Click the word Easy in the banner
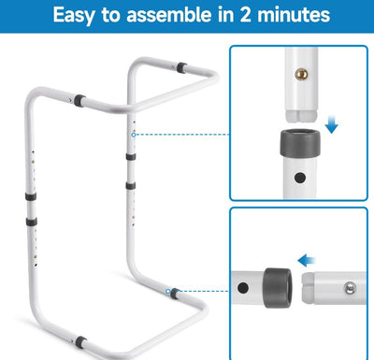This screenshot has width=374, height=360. (x=74, y=16)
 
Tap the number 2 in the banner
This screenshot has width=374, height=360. (x=245, y=15)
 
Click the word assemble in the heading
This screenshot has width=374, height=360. (x=168, y=15)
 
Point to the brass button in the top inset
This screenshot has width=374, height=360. (x=301, y=74)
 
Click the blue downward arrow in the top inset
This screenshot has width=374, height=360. (x=331, y=123)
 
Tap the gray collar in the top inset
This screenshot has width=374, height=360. (x=300, y=143)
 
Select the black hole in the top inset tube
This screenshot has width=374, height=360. (x=300, y=178)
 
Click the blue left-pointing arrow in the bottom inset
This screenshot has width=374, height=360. (x=307, y=260)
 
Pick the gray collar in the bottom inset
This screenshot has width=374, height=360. (x=278, y=288)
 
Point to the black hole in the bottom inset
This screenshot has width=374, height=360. (x=243, y=287)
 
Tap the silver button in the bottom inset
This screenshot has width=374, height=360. (x=350, y=288)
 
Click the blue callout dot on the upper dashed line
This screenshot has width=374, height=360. (x=134, y=135)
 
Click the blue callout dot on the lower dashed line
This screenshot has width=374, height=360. (x=168, y=291)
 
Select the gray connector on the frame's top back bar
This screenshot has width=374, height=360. (x=181, y=67)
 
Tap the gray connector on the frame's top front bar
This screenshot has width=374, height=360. (x=79, y=101)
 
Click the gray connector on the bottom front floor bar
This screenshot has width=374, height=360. (x=81, y=342)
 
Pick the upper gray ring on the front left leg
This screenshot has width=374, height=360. (x=31, y=196)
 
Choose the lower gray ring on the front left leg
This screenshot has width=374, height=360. (x=32, y=222)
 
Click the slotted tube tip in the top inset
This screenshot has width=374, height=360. (x=301, y=115)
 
